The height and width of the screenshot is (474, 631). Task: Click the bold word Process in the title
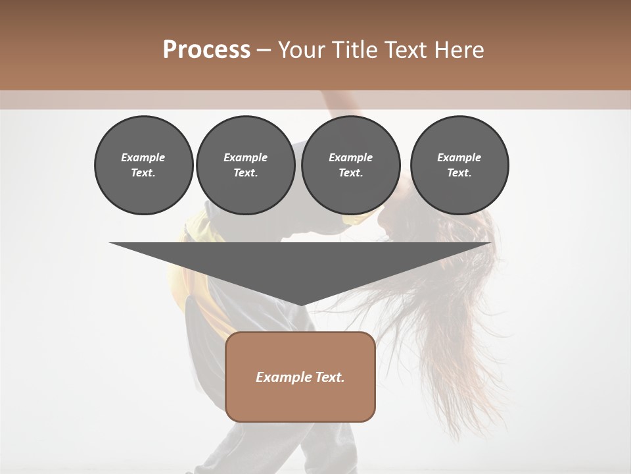point(206,50)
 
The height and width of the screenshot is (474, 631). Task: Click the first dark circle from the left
point(143,165)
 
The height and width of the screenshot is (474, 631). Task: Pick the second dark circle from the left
point(245,165)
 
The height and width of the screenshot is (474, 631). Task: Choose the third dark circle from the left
point(350,165)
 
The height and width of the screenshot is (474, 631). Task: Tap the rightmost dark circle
point(459,165)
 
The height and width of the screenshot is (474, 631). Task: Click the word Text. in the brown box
point(330,377)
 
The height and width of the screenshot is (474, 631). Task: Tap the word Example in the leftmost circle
point(143,157)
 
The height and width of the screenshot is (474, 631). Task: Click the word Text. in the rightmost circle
point(459,172)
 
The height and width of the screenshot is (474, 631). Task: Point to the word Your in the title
point(302,50)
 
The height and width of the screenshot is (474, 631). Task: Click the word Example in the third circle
point(350,157)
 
